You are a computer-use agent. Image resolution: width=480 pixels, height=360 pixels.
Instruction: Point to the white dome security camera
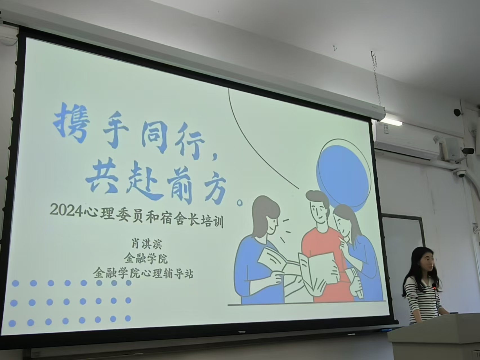pos(461,174)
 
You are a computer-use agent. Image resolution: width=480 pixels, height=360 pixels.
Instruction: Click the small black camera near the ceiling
pos(457,112)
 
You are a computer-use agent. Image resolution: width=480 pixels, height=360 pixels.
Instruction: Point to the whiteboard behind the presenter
pos(403,253)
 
